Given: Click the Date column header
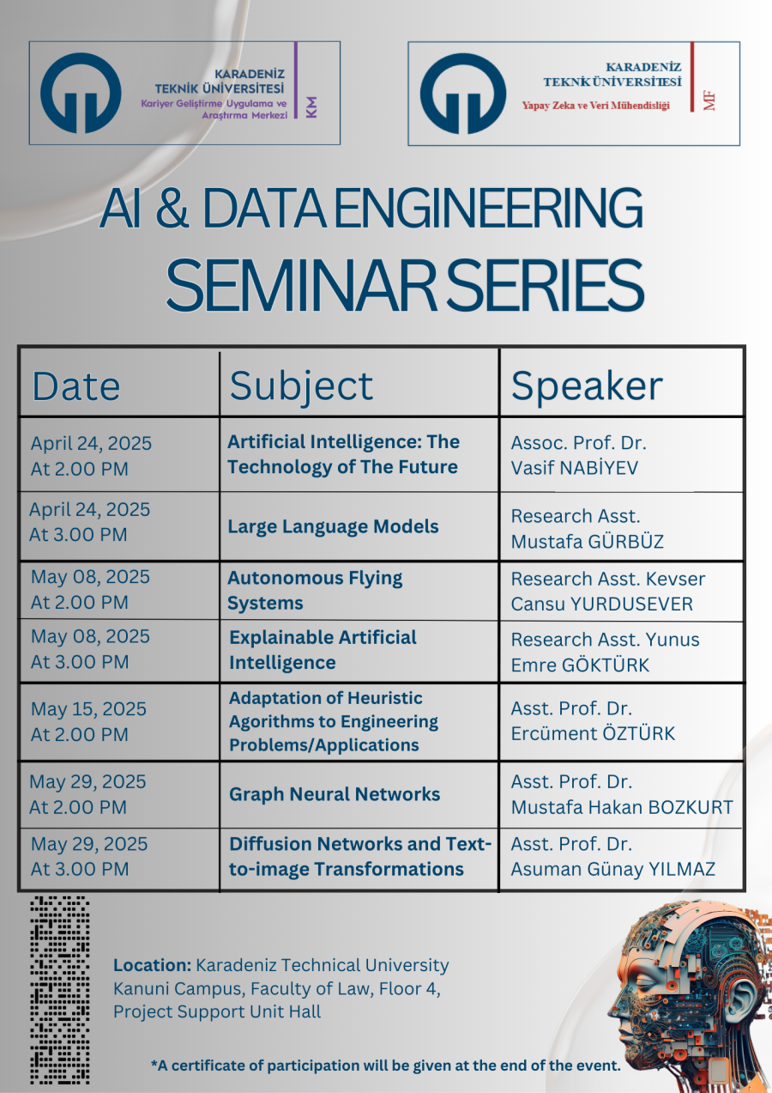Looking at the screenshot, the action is pyautogui.click(x=76, y=386).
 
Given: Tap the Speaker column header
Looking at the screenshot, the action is pyautogui.click(x=587, y=387).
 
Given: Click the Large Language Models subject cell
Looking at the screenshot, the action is pyautogui.click(x=333, y=527).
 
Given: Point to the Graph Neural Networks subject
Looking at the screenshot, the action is pyautogui.click(x=335, y=794).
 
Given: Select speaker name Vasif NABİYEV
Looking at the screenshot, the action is pyautogui.click(x=574, y=468).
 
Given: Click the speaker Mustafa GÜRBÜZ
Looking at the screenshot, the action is pyautogui.click(x=587, y=542).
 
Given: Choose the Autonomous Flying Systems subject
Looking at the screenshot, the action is pyautogui.click(x=315, y=591).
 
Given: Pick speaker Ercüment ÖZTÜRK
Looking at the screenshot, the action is pyautogui.click(x=593, y=733).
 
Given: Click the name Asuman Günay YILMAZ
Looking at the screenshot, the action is pyautogui.click(x=612, y=869).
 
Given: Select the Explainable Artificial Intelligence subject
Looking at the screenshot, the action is pyautogui.click(x=323, y=650).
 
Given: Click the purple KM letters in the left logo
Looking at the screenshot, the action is pyautogui.click(x=311, y=106).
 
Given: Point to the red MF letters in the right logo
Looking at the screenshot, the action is pyautogui.click(x=709, y=101).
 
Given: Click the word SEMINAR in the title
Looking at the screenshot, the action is pyautogui.click(x=301, y=285).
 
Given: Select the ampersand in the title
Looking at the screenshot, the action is pyautogui.click(x=172, y=208).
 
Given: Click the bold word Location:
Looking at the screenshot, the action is pyautogui.click(x=152, y=966).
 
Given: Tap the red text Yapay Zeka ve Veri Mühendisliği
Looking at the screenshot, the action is pyautogui.click(x=595, y=106).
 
